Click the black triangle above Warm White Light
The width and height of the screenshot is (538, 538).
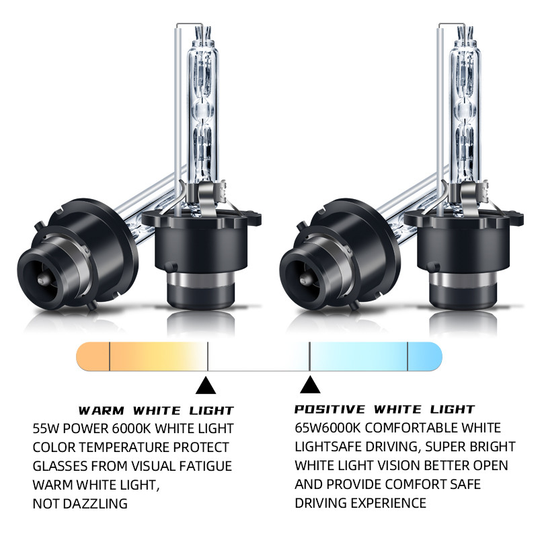coord(206,385)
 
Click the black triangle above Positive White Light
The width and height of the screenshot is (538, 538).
coord(310,385)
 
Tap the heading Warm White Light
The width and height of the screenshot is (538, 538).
coord(156,410)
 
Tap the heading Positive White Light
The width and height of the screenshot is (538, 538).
coord(385,409)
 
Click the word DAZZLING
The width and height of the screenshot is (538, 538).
coord(95,504)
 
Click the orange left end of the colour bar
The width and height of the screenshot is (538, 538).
coord(93,356)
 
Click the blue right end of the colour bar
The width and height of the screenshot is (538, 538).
coord(425,356)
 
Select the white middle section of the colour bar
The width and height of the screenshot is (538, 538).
coord(259,356)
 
